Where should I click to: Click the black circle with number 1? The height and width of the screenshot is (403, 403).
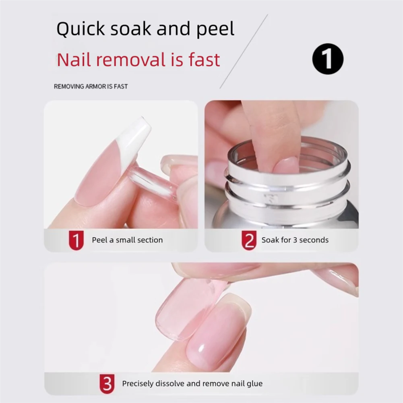pos(328,59)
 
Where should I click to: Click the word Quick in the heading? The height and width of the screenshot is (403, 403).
pos(80,30)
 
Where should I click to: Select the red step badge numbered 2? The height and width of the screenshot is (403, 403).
pos(249,240)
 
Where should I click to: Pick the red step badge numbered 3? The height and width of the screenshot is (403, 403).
pos(107,384)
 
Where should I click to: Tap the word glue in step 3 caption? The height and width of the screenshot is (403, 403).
pos(254,384)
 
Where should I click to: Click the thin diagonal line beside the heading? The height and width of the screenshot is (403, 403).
pos(243,52)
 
